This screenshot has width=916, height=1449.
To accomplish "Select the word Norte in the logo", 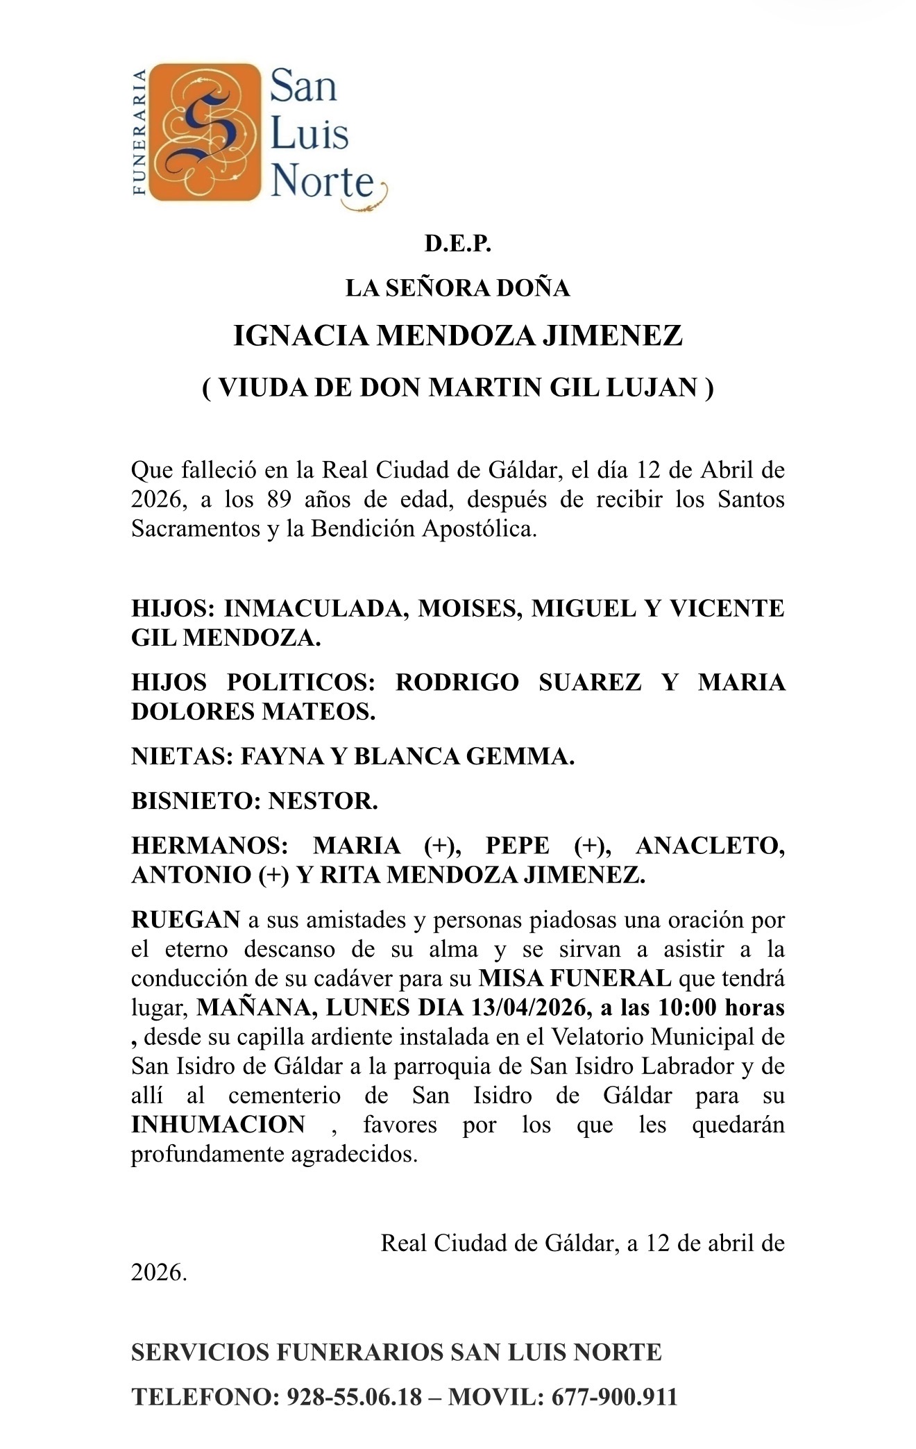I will click(x=323, y=182).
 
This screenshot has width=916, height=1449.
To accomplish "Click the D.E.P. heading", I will click(x=458, y=244).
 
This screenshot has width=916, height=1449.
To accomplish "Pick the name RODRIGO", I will click(x=457, y=682).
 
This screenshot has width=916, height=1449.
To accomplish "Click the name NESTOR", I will click(x=323, y=801).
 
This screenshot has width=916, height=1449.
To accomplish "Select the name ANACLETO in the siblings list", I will click(x=710, y=846).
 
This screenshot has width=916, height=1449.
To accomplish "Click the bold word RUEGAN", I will click(x=185, y=920).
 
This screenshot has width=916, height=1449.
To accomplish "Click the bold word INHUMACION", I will click(x=218, y=1124).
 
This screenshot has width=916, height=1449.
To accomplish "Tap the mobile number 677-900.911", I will click(x=613, y=1397).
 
